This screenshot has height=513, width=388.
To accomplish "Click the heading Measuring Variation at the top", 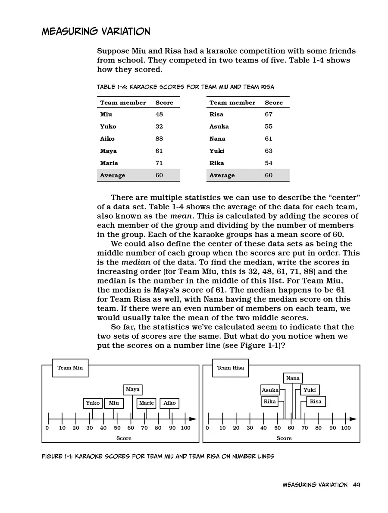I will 96,31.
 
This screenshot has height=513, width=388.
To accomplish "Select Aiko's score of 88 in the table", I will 159,138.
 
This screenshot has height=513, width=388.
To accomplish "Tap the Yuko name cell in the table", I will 108,126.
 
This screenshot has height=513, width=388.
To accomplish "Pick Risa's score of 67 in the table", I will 269,114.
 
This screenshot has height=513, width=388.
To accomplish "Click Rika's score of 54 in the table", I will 269,163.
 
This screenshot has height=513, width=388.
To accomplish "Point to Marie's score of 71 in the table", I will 159,163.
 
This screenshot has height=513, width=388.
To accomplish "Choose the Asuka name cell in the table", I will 219,126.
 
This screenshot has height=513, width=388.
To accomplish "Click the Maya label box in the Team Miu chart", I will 132,390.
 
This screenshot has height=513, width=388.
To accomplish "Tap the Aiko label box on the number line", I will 170,403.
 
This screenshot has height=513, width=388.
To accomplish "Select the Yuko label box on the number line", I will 93,403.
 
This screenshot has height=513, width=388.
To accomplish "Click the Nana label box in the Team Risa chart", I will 293,378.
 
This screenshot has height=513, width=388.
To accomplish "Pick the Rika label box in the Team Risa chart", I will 269,402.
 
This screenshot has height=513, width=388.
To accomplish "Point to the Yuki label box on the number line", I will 310,390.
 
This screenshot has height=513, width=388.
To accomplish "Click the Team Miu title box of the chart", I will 70,368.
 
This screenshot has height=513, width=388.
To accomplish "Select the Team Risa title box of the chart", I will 230,368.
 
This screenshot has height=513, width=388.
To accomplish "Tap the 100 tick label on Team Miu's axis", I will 185,428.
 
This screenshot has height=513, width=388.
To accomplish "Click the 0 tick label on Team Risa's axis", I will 207,428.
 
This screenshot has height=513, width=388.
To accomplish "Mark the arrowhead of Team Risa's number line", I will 353,419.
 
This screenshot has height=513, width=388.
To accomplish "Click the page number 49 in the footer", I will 356,485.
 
